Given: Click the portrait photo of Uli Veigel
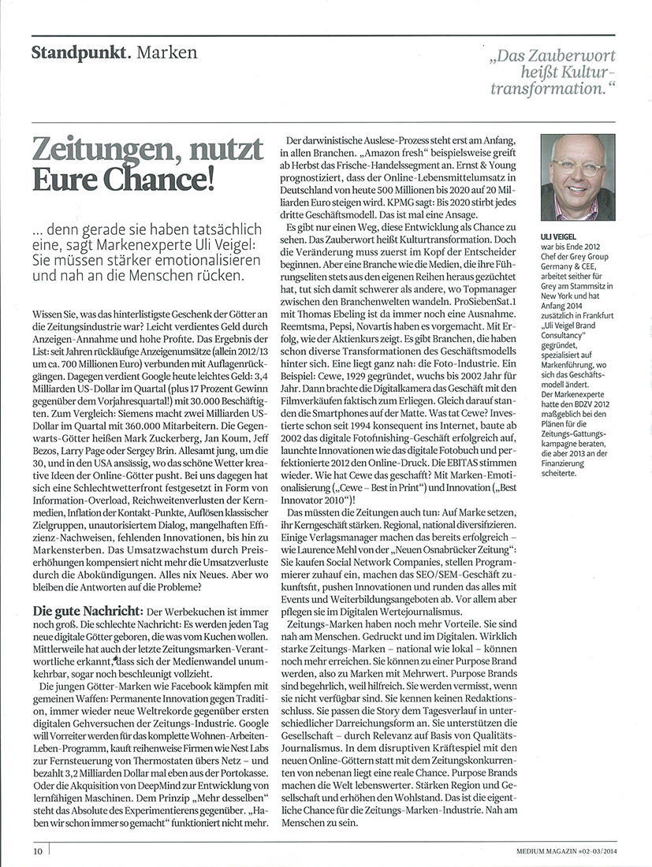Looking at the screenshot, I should (578, 177).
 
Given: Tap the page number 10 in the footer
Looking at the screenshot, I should (37, 850).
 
